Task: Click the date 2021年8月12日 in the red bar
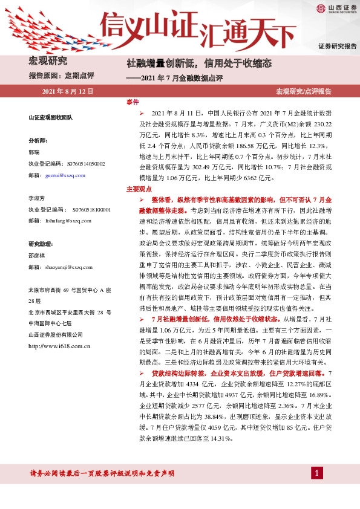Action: pos(68,91)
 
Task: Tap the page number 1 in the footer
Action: pos(316,472)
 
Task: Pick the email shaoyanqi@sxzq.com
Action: pos(71,266)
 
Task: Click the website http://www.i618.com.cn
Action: pos(59,346)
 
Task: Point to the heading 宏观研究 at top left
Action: pos(47,61)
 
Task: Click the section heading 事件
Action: pos(133,103)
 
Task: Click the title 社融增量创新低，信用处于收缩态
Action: pos(198,63)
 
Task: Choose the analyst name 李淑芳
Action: pos(38,198)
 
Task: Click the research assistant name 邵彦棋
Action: pos(38,254)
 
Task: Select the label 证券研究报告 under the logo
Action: pos(337,47)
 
